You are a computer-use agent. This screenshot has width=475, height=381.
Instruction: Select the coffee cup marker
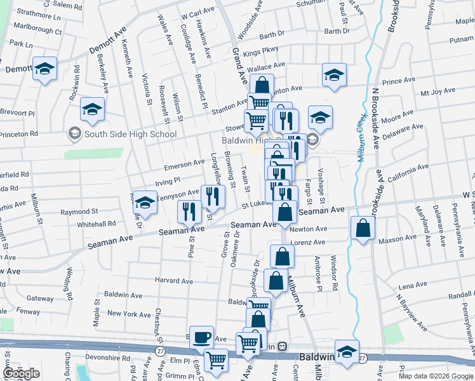click(x=202, y=338)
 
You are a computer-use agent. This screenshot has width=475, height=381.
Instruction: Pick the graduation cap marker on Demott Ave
click(x=44, y=69)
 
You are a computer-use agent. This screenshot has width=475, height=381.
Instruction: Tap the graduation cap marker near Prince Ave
click(x=333, y=76)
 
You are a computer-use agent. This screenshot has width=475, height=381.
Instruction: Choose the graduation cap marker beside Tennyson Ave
click(x=145, y=203)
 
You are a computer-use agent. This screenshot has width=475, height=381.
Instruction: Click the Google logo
click(x=22, y=373)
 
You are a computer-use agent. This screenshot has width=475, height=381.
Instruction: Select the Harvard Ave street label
click(x=173, y=281)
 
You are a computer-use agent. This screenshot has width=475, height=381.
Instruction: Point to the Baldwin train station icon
click(x=282, y=347)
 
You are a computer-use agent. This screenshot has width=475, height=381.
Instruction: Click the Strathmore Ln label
click(x=39, y=12)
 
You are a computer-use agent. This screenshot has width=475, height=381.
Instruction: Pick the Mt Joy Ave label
click(x=438, y=91)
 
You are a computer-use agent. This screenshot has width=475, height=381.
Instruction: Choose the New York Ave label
click(x=129, y=314)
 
